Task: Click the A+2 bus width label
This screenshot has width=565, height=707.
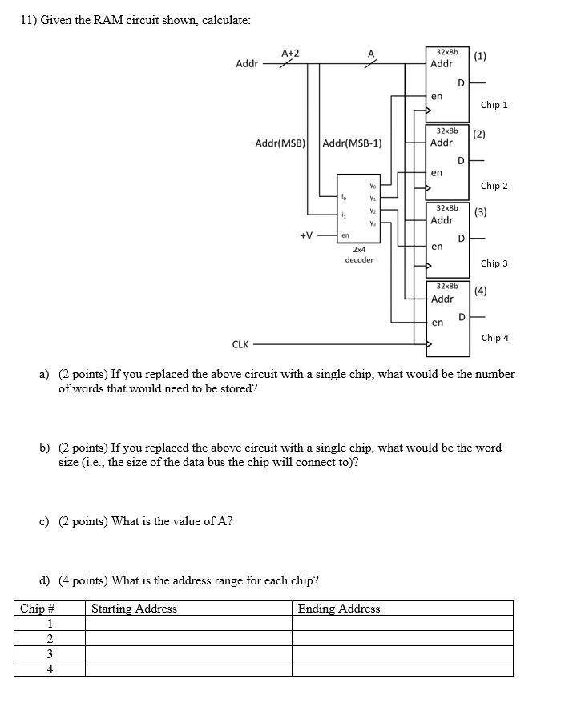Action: click(290, 53)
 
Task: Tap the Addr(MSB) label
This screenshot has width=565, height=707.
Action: click(280, 143)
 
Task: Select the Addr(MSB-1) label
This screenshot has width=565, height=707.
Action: click(353, 143)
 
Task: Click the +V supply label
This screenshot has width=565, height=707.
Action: click(306, 235)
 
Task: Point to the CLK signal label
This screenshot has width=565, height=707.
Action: click(240, 345)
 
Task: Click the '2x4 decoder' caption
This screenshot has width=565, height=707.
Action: click(359, 255)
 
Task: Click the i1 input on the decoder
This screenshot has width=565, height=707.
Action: click(345, 214)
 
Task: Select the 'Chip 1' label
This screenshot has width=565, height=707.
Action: click(494, 105)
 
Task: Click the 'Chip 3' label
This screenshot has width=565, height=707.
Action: click(494, 263)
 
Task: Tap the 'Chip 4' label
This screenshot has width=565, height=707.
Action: click(494, 338)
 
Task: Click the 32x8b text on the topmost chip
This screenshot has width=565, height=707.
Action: click(446, 51)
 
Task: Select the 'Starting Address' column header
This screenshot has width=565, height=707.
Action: click(134, 609)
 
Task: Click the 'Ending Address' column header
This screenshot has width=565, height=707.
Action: click(339, 609)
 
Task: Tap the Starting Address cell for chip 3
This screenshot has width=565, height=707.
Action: click(188, 653)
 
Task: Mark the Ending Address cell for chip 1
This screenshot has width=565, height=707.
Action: click(402, 623)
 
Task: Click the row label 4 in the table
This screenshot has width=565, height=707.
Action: click(50, 669)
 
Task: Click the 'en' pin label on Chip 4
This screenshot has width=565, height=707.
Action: click(437, 323)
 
